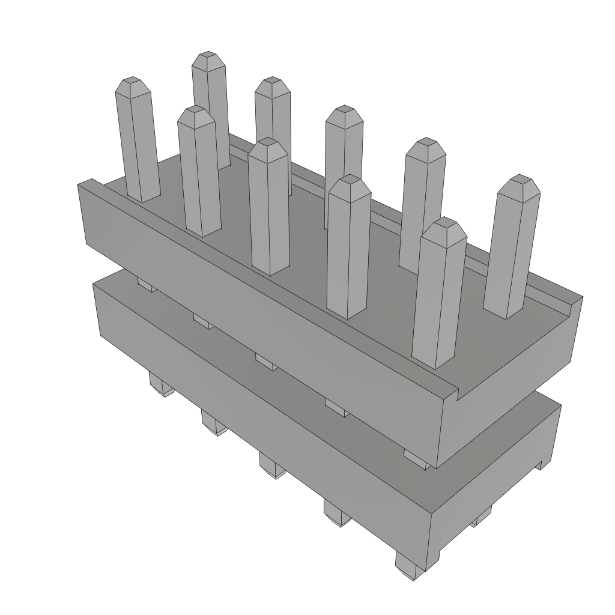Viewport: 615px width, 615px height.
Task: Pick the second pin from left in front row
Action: click(x=198, y=174)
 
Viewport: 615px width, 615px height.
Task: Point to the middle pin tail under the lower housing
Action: click(x=272, y=466)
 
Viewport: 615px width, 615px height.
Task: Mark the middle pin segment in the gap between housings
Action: click(x=265, y=362)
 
